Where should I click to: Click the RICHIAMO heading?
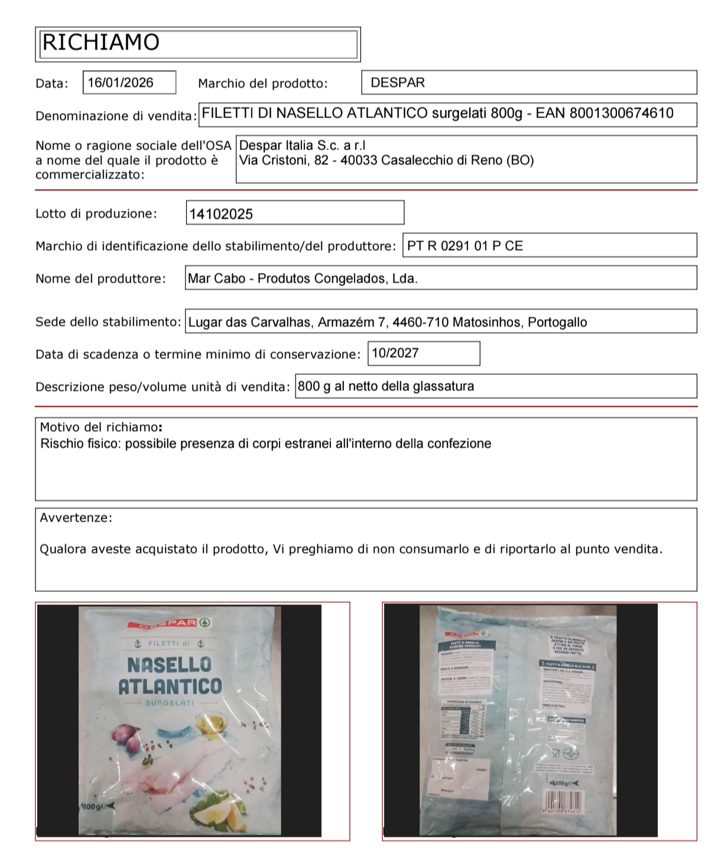101,43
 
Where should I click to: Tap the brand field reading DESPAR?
398,83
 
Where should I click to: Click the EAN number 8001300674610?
621,113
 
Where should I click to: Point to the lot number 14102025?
220,214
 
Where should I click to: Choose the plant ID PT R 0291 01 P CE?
465,246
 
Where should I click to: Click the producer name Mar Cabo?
216,279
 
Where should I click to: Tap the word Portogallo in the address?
557,322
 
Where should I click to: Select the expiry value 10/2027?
395,353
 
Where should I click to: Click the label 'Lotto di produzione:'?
96,213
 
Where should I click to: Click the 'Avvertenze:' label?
76,517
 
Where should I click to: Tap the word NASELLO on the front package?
170,665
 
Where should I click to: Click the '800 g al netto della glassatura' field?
386,387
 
